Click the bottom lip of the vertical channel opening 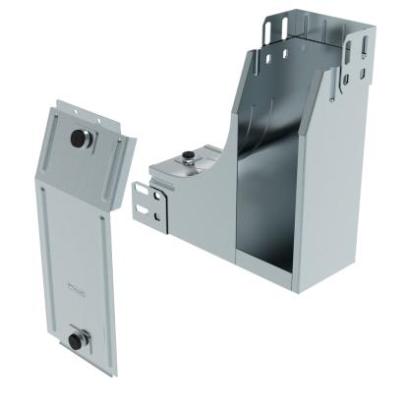[270, 263]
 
